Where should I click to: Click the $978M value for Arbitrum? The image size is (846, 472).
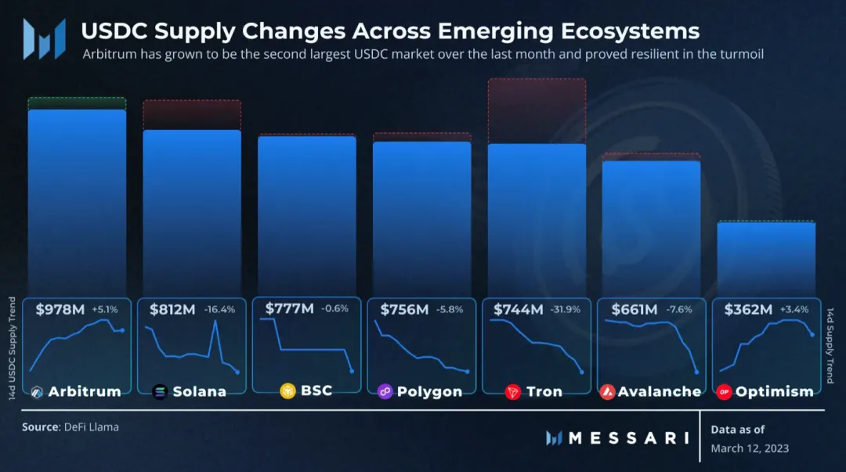pos(60,310)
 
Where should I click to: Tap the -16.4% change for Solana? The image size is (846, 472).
pos(219,310)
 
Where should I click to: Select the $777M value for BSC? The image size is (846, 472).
pos(289,308)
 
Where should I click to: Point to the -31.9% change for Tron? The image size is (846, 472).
pos(566,310)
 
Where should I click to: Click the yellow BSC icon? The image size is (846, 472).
pos(288,391)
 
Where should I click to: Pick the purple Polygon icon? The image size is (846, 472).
pos(385,391)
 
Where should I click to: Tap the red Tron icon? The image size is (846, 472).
pos(512,392)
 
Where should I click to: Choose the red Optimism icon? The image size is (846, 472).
pos(724,392)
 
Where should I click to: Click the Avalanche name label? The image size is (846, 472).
pos(660,391)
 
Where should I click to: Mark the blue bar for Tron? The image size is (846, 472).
pos(537,220)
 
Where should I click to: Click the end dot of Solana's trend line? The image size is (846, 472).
pos(237,373)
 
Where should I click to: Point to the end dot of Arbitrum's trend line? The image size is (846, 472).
pos(122,330)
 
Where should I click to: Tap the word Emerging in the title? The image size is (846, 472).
pos(495,31)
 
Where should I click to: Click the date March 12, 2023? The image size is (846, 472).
pos(750,449)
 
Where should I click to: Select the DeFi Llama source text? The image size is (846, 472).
pos(91,427)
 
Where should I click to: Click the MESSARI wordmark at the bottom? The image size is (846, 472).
pos(628,438)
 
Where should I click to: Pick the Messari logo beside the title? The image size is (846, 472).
pos(44,39)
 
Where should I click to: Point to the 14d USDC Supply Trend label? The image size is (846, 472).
pos(12,348)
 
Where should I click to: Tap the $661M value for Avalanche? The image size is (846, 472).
pos(634,310)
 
